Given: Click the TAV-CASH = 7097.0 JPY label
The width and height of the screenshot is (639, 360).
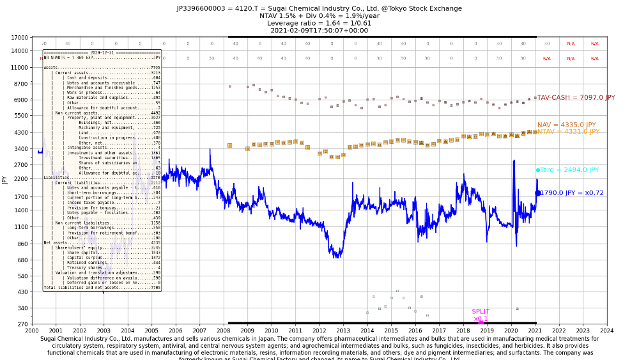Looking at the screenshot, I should coord(576,98).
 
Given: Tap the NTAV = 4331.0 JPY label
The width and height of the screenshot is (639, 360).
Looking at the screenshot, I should coord(568,132).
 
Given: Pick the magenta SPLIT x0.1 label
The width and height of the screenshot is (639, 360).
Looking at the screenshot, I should coord(481,315).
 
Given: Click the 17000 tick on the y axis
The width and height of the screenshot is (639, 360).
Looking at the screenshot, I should coord(20,37).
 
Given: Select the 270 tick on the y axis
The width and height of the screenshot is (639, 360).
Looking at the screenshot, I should coord(22,324).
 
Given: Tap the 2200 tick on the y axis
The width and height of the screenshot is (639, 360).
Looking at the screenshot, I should coord(21,180).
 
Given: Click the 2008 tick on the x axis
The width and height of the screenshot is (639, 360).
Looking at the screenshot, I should coord(223,331).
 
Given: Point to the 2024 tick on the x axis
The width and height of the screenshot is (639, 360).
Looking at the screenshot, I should coord(606,331).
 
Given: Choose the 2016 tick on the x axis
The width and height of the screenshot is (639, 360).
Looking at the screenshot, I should coord(415,331).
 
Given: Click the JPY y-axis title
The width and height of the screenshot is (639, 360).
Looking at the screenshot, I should coord(4,180).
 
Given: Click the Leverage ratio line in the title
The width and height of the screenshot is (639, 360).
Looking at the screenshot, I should coord(319,23).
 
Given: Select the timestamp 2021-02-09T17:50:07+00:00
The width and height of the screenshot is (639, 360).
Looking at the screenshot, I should coord(319,30).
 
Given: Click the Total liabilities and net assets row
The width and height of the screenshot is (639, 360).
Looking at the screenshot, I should coord(102,288).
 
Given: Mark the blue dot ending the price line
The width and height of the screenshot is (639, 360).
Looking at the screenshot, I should coord(537,192).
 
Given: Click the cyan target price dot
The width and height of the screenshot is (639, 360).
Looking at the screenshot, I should coord(537,170).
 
